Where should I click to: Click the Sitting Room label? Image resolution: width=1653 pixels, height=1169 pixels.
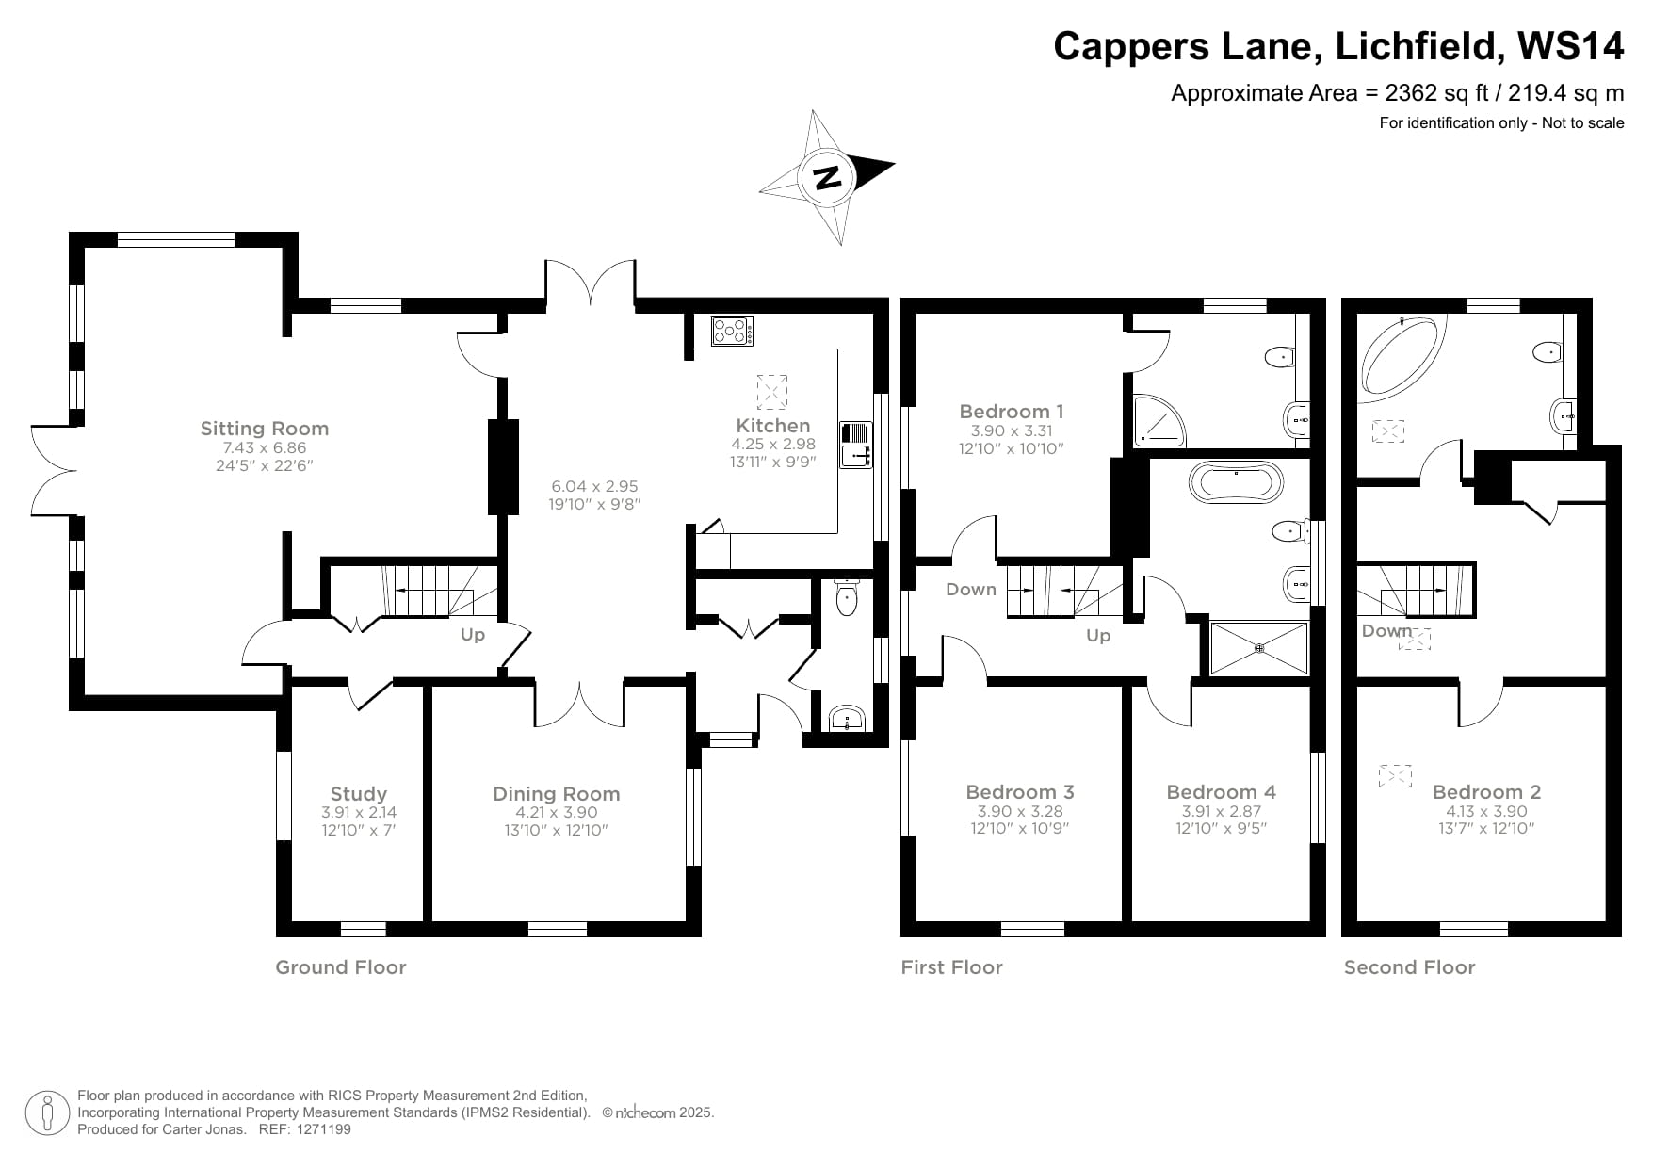[264, 429]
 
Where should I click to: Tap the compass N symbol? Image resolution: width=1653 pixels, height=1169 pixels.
[827, 177]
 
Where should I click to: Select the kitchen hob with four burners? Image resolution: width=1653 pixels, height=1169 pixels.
[732, 331]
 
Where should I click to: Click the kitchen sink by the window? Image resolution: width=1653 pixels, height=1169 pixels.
[856, 445]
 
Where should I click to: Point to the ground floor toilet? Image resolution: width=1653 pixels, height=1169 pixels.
[847, 597]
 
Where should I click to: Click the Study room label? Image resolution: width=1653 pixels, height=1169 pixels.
[358, 794]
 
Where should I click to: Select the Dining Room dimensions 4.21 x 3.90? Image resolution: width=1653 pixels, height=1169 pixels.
[556, 812]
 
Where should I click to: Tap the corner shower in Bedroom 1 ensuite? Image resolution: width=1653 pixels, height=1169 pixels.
[1156, 419]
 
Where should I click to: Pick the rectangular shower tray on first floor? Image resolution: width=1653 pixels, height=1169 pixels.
[1258, 648]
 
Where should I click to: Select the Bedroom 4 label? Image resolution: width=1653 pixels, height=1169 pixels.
[1221, 792]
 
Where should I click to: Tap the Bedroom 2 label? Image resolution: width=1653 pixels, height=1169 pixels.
[1486, 792]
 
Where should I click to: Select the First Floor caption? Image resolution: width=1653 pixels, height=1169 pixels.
[951, 967]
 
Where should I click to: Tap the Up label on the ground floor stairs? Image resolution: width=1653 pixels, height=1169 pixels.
[473, 635]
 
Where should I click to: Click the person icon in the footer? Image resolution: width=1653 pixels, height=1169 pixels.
[47, 1113]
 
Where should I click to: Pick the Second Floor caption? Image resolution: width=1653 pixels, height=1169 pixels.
[1409, 967]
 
